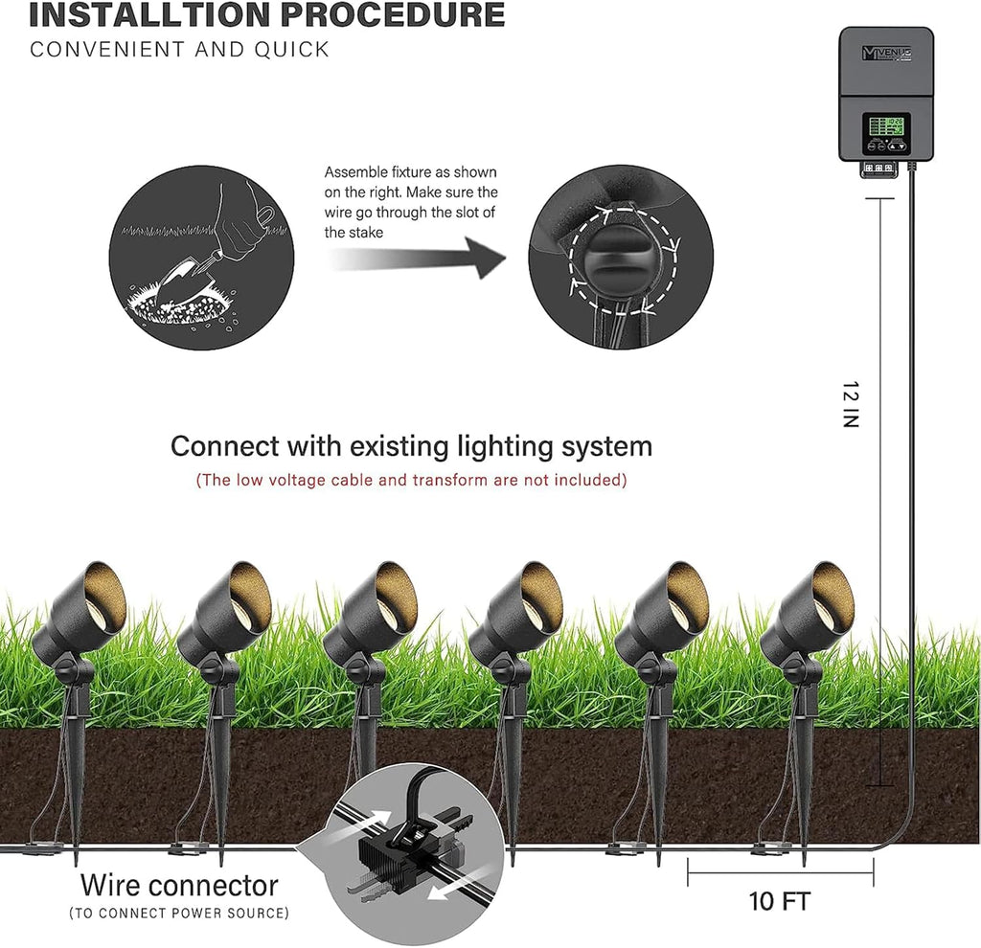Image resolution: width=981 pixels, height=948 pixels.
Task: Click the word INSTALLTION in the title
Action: point(134,15)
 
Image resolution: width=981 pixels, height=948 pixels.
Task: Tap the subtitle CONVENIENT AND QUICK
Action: point(179,50)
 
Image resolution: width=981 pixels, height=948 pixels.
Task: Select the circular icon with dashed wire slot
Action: point(621,256)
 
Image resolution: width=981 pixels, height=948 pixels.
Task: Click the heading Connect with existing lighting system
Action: point(411,446)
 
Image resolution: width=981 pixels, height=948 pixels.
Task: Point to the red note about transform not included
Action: point(411,480)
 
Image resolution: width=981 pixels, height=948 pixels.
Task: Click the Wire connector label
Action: point(179,885)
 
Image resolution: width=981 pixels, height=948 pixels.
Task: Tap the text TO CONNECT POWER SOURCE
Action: point(179,914)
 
